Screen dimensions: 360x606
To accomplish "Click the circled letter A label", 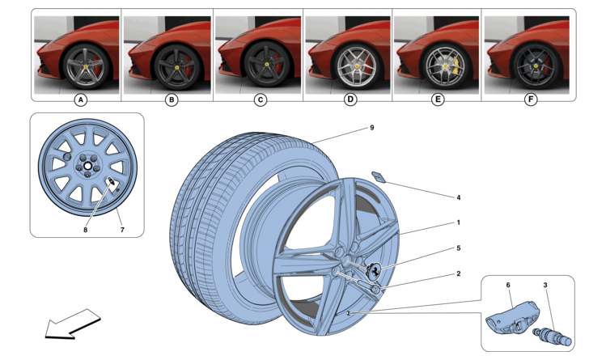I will [x=79, y=100].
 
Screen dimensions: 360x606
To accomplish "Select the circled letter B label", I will [x=171, y=100].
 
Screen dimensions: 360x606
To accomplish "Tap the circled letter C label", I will [x=260, y=100].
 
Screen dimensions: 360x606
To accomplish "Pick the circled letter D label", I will [x=350, y=100].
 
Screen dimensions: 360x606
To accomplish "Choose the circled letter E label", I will [x=438, y=100].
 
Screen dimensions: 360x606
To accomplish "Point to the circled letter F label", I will [x=530, y=100].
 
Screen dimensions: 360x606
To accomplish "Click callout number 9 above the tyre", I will [x=371, y=128].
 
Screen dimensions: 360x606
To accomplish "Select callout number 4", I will [x=458, y=197].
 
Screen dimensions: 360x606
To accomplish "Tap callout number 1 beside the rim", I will [x=458, y=222].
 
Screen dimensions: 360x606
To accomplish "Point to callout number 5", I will [x=458, y=248].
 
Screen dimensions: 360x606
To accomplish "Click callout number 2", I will [x=458, y=273].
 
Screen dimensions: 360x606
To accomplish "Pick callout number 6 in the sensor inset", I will [x=508, y=285].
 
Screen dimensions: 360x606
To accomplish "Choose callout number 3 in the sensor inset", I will [x=545, y=285].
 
